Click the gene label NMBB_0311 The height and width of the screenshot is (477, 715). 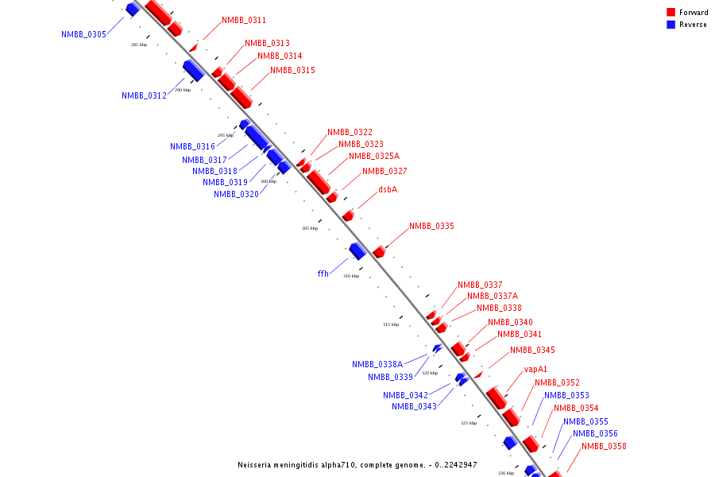click(x=244, y=20)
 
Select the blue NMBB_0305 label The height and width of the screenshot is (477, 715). click(x=83, y=34)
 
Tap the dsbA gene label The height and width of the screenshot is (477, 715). click(x=387, y=189)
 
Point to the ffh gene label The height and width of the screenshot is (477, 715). click(x=323, y=273)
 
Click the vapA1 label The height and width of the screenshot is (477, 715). click(x=535, y=370)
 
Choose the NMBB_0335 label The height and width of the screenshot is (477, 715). click(x=431, y=227)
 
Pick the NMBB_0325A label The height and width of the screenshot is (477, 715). click(x=373, y=156)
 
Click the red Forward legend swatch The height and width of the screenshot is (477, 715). click(x=671, y=13)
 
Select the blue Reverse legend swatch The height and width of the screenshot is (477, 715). click(x=671, y=25)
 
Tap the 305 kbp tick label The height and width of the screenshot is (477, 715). click(x=309, y=228)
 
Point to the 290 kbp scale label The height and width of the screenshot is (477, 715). click(x=182, y=90)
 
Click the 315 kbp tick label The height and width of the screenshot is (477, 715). click(x=391, y=324)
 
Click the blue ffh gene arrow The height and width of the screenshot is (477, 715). click(x=357, y=251)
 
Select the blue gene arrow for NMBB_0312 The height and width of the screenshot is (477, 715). click(x=193, y=70)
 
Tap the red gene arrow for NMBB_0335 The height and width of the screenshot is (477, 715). click(x=379, y=252)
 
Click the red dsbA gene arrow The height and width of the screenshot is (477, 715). click(x=348, y=215)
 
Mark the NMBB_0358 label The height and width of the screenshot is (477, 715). click(x=604, y=446)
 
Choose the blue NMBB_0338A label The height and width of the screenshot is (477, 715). click(x=377, y=364)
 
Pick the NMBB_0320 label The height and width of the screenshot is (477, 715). click(x=236, y=194)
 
